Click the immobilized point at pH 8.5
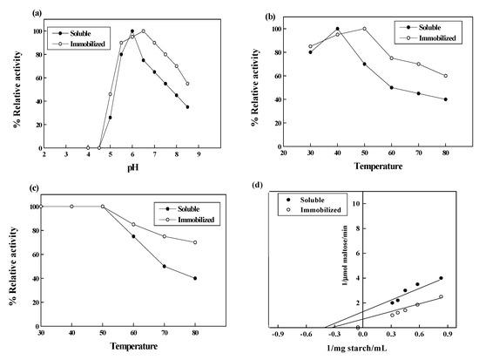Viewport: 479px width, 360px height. (187, 84)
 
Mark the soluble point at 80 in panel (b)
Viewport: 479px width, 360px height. (446, 99)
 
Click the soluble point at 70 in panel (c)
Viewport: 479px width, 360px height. (164, 267)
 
